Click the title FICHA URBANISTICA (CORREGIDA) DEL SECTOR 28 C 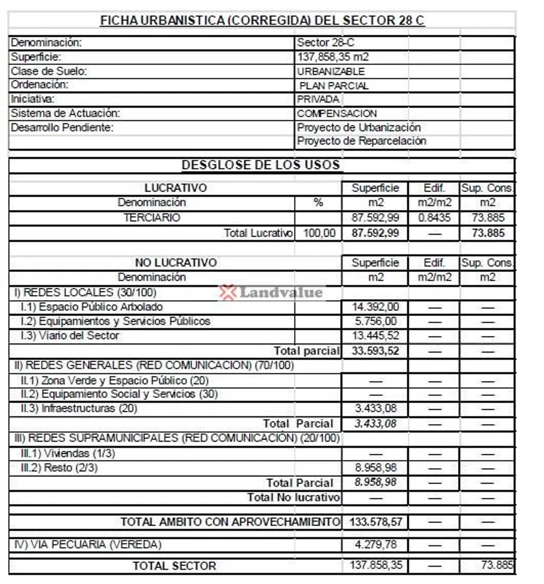coord(262,20)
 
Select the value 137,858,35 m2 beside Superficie coord(333,57)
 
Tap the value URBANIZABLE coord(331,72)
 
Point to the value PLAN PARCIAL coord(334,86)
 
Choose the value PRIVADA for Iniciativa coord(318,99)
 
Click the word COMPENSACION coord(337,114)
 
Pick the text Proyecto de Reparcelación coord(361,141)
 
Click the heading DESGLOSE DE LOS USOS coord(261,165)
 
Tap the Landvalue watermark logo coord(271,292)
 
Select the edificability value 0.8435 coord(434,218)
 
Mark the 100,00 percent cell coord(319,233)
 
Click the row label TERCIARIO coord(152,218)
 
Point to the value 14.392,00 coord(375,307)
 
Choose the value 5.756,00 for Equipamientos coord(375,321)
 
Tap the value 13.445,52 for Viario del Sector coord(375,336)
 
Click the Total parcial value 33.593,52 coord(375,351)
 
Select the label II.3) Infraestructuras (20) coord(79,408)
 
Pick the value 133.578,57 coord(375,522)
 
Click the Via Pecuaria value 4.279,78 coord(375,544)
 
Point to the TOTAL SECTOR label coord(174,566)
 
